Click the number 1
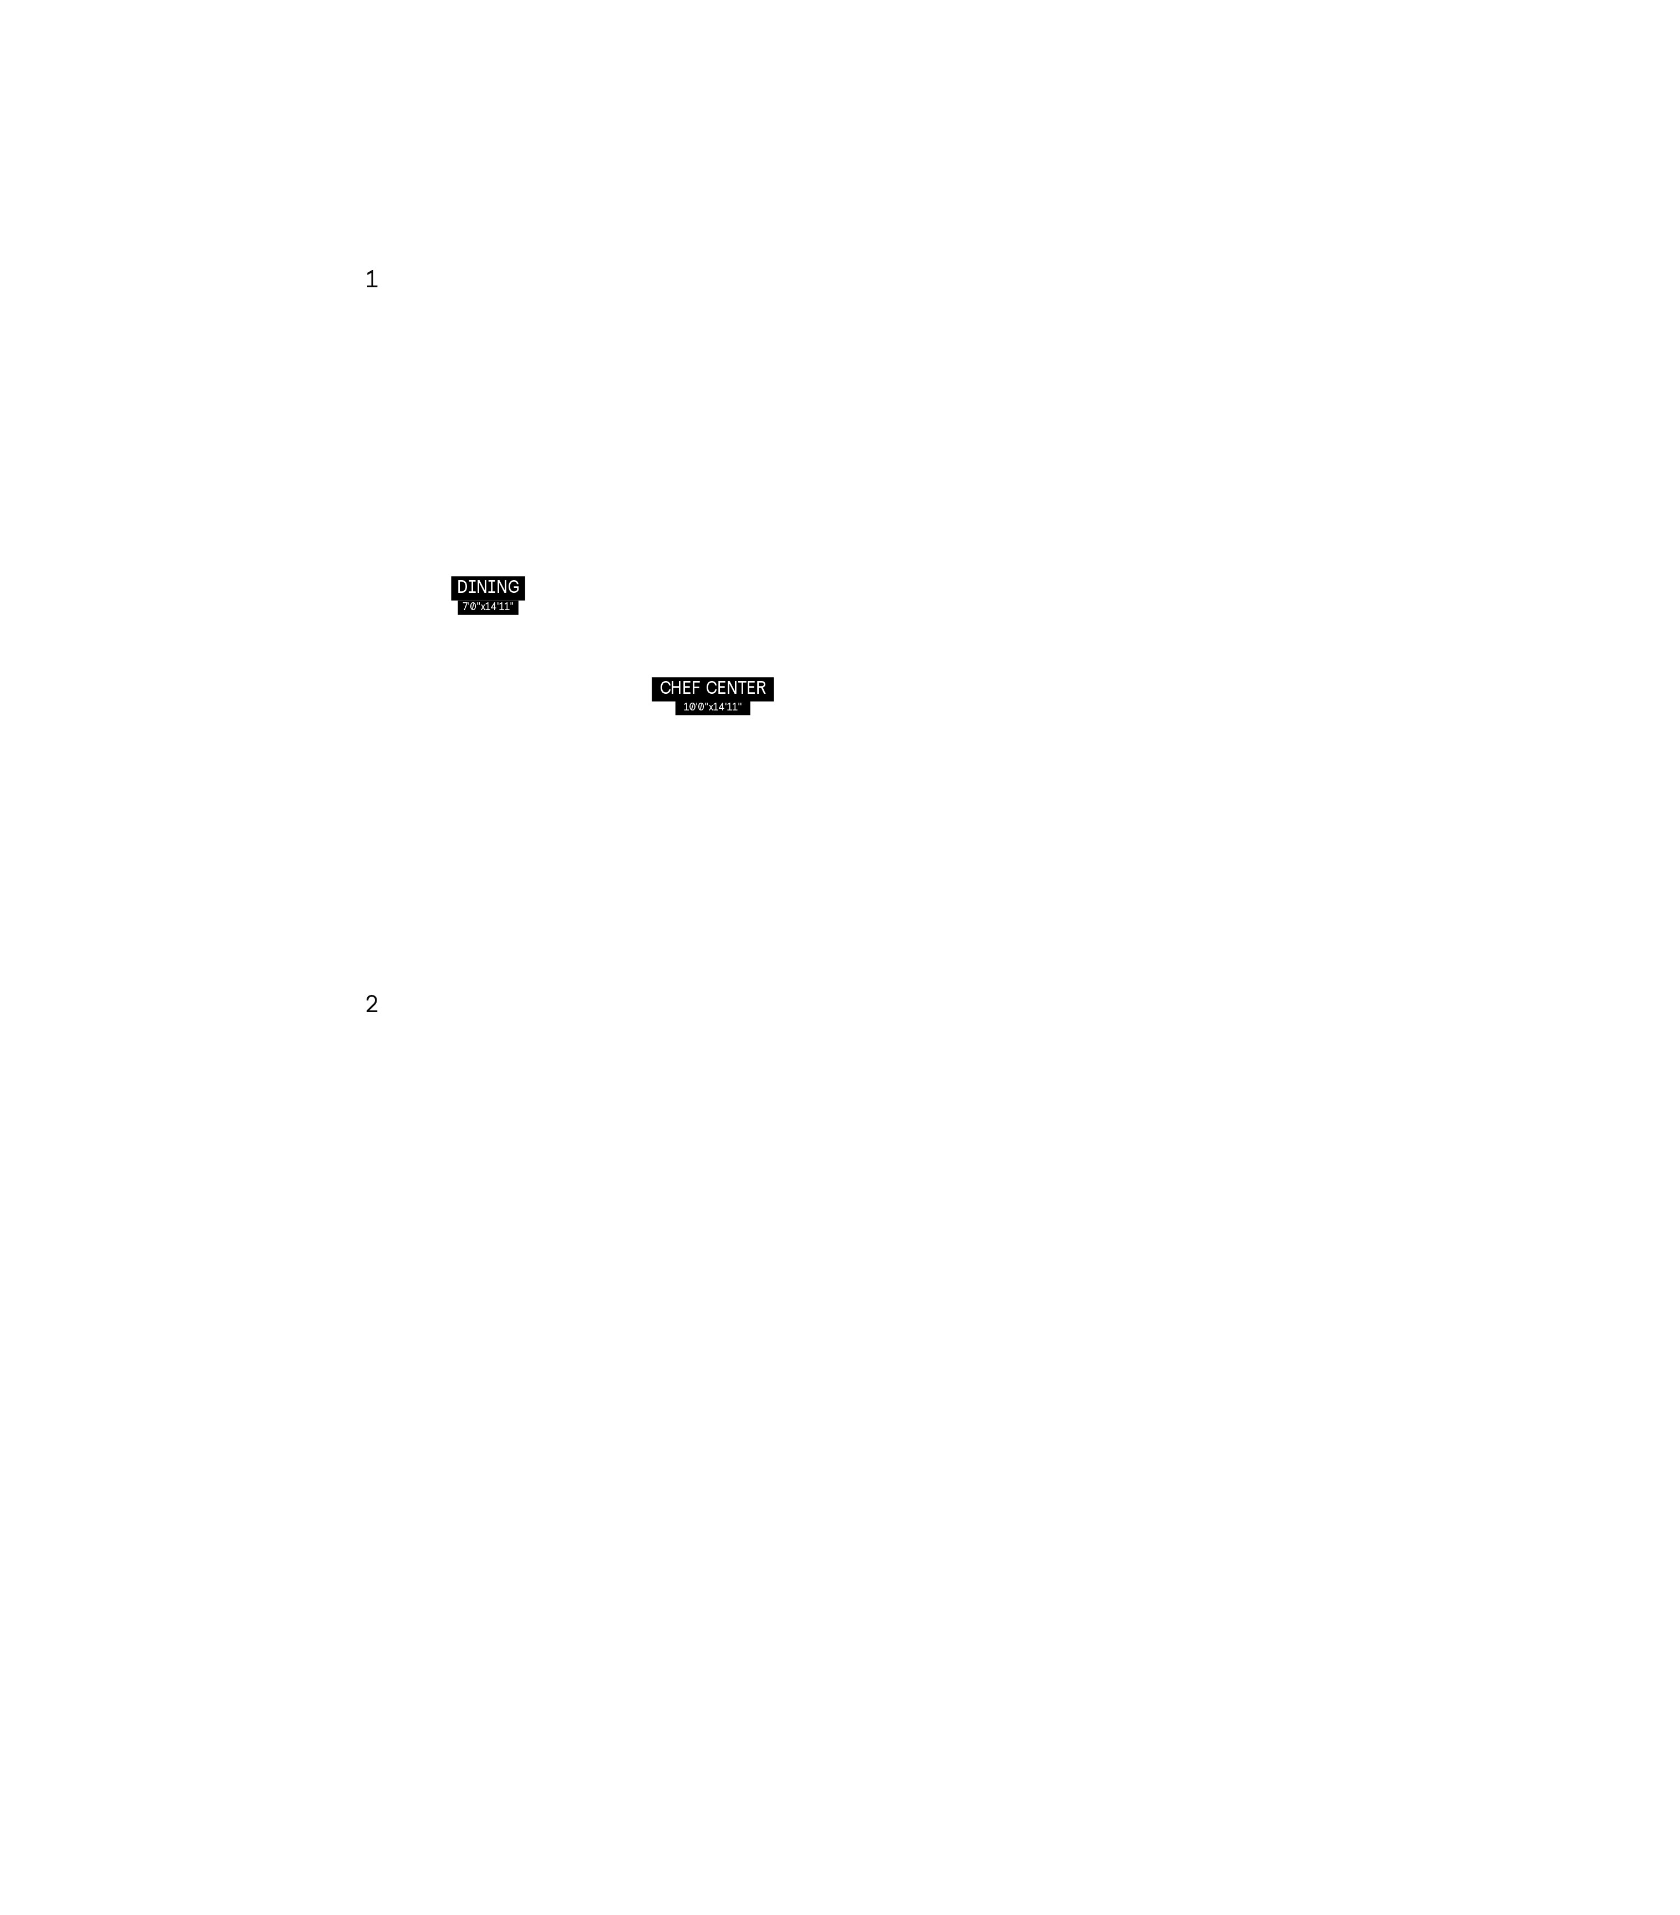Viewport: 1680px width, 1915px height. coord(371,279)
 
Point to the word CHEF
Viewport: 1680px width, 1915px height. coord(679,688)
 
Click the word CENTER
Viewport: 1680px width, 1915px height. coord(735,688)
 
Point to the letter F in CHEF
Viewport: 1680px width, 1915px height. coord(695,688)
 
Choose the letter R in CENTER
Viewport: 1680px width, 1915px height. coord(761,688)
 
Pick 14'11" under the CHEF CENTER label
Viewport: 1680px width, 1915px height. coord(728,707)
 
